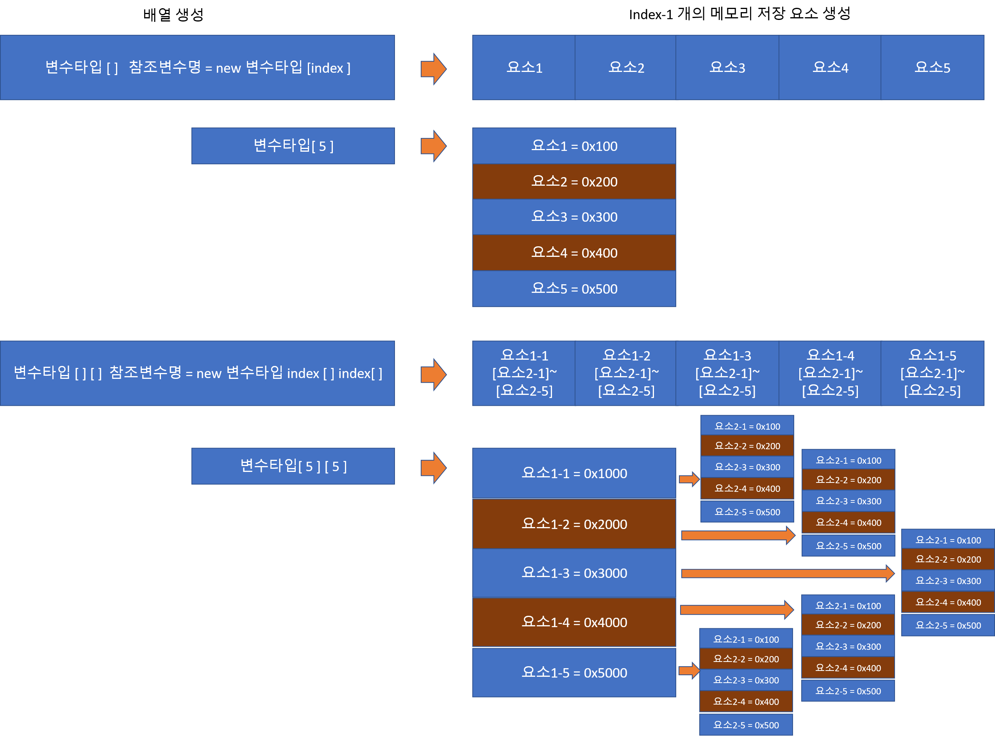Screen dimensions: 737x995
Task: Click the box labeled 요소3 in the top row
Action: (x=727, y=67)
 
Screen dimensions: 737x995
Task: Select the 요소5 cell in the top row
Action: (x=932, y=67)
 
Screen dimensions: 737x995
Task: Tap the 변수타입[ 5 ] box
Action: (x=293, y=146)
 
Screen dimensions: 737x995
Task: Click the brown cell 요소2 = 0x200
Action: (x=574, y=181)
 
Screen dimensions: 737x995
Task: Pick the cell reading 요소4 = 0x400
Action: (x=574, y=253)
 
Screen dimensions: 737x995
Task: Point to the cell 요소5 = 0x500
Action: (x=574, y=289)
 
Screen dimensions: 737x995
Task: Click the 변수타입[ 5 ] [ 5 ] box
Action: (x=293, y=466)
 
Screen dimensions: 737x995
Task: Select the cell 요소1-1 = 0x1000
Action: (x=574, y=473)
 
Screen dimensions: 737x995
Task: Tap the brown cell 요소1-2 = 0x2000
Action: (x=574, y=524)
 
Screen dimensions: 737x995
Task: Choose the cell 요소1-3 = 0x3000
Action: (x=574, y=573)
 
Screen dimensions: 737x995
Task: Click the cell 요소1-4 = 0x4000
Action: (x=574, y=622)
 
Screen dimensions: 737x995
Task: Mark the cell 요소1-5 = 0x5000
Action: (x=574, y=672)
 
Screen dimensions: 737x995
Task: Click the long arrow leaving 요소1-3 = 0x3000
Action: (x=787, y=573)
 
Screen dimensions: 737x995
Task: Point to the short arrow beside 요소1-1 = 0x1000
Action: (x=689, y=479)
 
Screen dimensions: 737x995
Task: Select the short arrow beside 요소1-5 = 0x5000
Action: (x=689, y=670)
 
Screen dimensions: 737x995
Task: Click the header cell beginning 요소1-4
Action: (x=830, y=373)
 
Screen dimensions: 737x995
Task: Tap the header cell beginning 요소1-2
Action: (x=626, y=373)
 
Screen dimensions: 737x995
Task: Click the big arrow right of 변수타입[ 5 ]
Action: (x=433, y=146)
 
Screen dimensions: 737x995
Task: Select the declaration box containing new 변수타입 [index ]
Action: (x=198, y=67)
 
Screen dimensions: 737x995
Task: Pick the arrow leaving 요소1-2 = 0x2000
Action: (x=738, y=535)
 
